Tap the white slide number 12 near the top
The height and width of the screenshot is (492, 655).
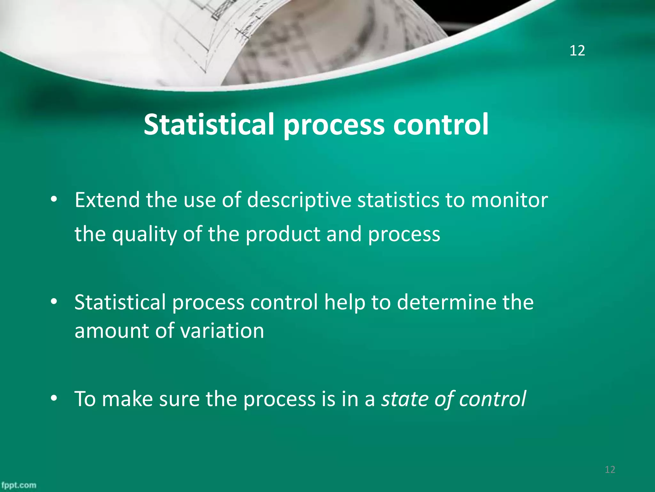coord(577,51)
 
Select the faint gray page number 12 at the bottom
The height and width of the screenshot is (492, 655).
coord(610,470)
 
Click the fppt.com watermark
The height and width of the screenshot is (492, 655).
coord(19,485)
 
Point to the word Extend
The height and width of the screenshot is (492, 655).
coord(107,200)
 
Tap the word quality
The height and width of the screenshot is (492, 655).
coord(144,234)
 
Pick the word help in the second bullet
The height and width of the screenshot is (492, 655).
coord(344,302)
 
